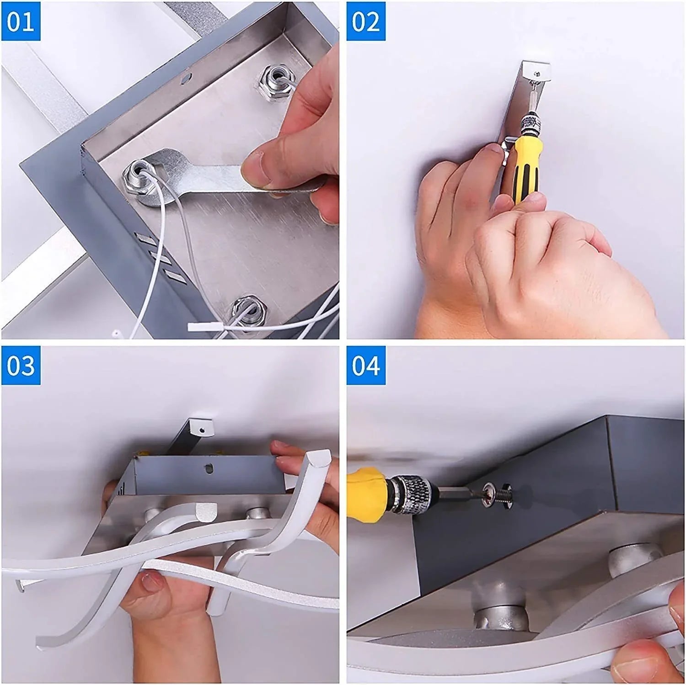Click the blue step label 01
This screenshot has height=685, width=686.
21,21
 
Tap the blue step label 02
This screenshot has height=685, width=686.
366,21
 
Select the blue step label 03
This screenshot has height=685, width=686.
21,366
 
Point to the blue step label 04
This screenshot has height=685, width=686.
366,366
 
